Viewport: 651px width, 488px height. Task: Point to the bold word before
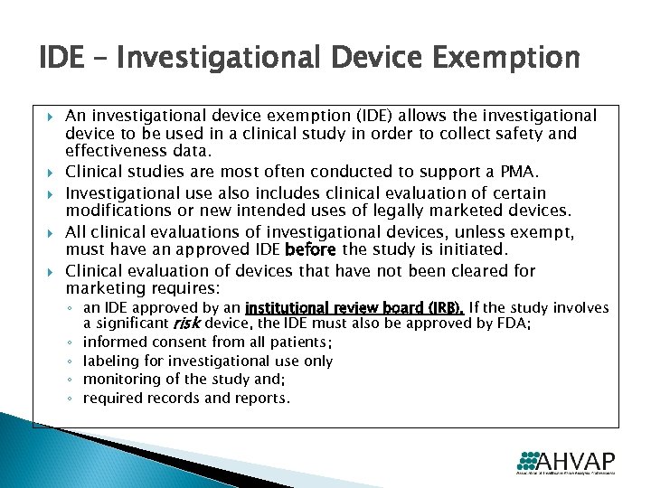310,249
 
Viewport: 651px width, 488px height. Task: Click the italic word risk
186,323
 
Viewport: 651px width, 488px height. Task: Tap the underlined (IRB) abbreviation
443,308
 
